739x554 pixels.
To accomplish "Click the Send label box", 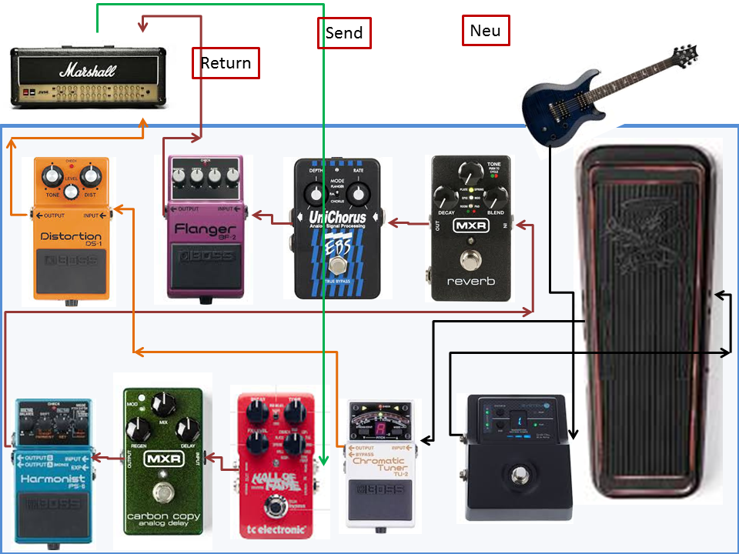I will pos(344,33).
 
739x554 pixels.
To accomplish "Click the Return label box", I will pos(226,62).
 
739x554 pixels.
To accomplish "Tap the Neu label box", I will pos(485,31).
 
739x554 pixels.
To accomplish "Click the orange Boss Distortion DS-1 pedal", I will pos(71,231).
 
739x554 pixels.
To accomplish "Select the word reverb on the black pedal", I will pos(470,281).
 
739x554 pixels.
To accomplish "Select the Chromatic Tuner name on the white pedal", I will pos(377,466).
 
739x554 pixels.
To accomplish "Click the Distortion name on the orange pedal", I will pos(70,236).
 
